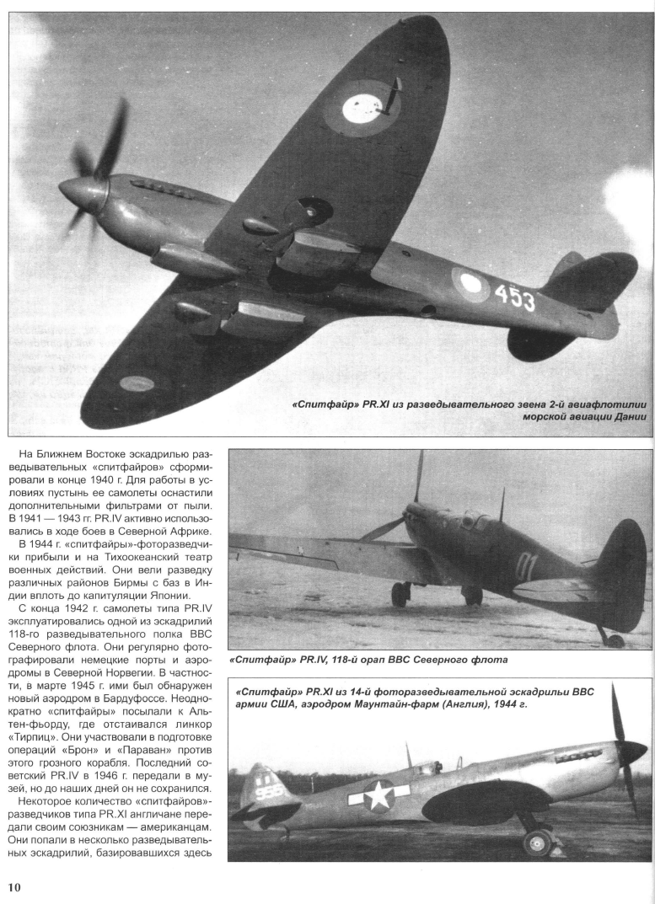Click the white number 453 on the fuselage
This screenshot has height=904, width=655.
514,296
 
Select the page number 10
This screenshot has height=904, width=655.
17,885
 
